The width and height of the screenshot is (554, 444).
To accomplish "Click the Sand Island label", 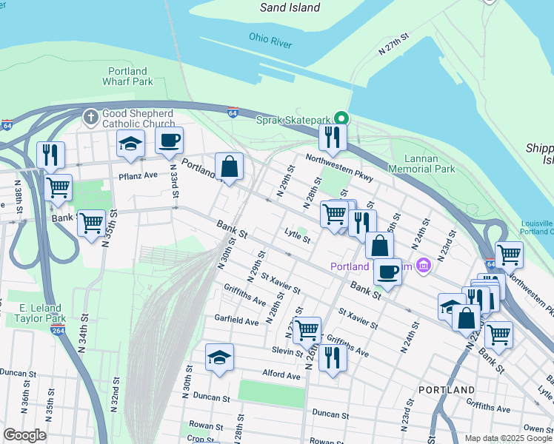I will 290,7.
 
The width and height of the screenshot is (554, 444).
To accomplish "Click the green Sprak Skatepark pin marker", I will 341,118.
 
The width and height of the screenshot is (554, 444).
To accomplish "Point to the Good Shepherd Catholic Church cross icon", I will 90,117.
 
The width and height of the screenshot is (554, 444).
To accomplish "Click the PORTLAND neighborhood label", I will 446,389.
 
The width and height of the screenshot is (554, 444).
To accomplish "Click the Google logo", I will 24,435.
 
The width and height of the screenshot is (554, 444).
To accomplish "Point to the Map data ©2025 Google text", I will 507,438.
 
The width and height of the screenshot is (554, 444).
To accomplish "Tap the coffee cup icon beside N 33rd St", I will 169,141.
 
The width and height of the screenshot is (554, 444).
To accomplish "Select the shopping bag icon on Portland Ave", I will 230,166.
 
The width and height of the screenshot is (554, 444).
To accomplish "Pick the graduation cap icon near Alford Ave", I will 219,358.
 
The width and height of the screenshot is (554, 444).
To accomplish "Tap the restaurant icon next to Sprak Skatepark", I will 332,137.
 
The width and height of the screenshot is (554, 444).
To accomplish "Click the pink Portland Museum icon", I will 424,265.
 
